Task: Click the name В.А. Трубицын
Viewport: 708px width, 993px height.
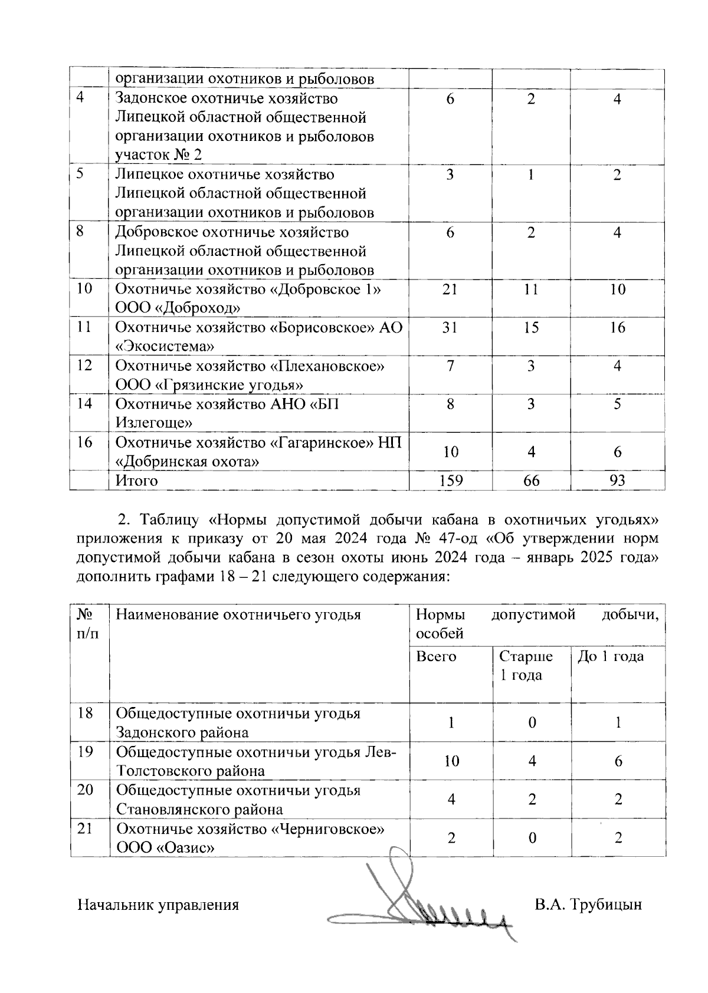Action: click(588, 905)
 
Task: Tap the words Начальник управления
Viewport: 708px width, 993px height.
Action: click(158, 905)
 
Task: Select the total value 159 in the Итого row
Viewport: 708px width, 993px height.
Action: click(450, 481)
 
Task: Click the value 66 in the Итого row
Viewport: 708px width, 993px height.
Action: click(531, 481)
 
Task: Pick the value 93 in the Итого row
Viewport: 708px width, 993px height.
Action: click(617, 481)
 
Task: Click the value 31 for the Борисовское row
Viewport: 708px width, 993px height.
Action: click(450, 327)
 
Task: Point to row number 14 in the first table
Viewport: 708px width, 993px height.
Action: click(85, 404)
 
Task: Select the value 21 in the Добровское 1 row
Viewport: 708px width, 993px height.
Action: click(450, 290)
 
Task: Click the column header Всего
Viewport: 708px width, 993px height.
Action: click(436, 656)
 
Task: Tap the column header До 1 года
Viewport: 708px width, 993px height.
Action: click(611, 656)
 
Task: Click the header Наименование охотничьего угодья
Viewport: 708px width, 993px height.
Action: click(238, 615)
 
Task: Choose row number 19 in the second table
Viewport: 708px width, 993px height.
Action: click(85, 752)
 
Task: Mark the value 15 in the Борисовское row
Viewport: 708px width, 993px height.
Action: click(531, 327)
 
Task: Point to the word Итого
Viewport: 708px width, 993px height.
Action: click(137, 481)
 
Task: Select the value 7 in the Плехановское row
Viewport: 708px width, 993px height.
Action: click(450, 366)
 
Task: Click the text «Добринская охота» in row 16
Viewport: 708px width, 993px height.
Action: click(188, 461)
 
